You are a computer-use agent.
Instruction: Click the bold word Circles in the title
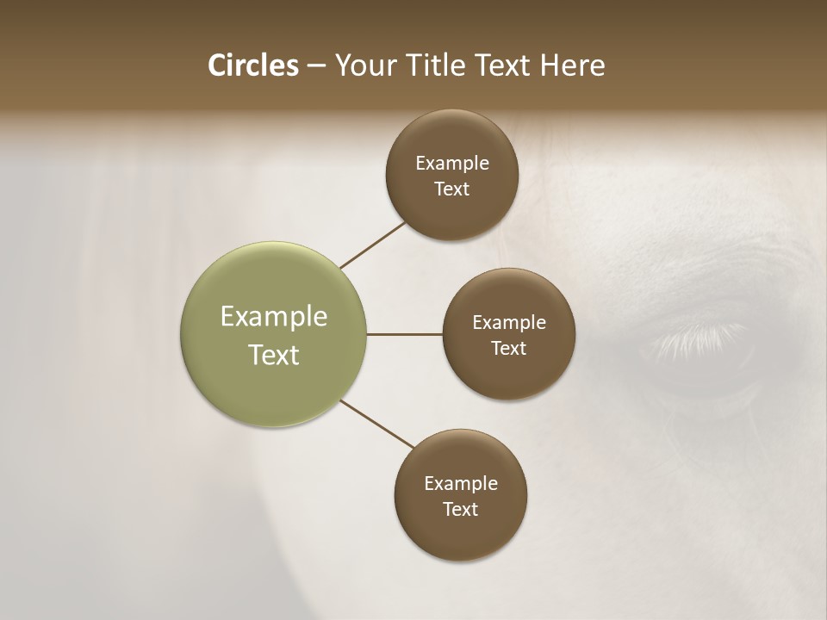(252, 65)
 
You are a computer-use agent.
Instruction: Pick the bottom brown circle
(460, 534)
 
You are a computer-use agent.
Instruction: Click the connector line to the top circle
(373, 245)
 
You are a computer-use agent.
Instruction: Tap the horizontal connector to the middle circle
(404, 334)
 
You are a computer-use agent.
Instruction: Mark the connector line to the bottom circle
(377, 425)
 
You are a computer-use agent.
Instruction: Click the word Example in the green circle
(273, 317)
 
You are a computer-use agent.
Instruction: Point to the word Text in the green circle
(273, 355)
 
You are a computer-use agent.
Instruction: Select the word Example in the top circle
(451, 164)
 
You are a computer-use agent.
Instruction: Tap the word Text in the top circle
(451, 189)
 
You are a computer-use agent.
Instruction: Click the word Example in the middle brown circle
(508, 323)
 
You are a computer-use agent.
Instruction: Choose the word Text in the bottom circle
(460, 510)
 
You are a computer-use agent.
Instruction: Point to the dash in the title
(316, 66)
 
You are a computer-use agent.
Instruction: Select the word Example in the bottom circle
(460, 484)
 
